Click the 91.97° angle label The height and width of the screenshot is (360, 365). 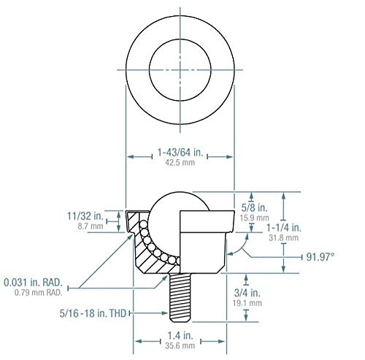pyautogui.click(x=322, y=258)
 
